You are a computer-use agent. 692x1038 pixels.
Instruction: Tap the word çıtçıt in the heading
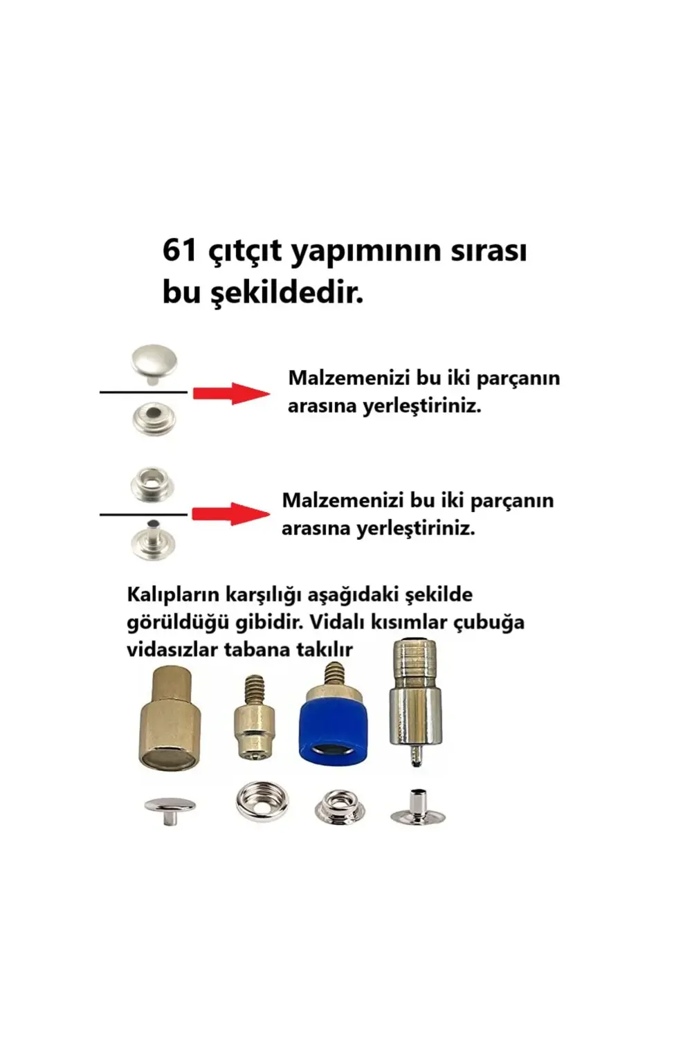point(245,253)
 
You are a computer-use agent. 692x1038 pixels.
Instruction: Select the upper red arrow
point(231,393)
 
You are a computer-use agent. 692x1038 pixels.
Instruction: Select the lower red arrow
point(231,513)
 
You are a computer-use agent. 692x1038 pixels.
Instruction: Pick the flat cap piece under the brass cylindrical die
point(170,808)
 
